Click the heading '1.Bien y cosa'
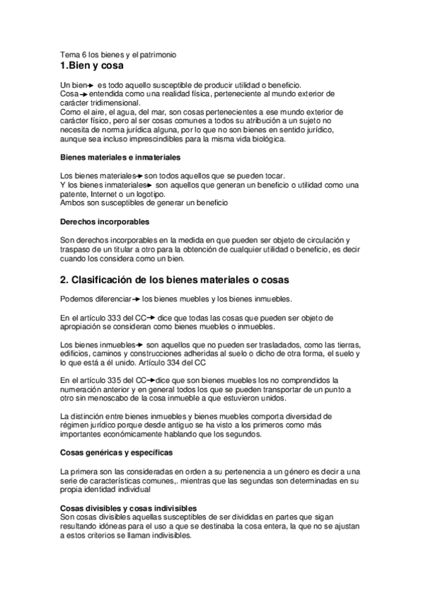pyautogui.click(x=92, y=67)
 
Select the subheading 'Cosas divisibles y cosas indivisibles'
pyautogui.click(x=128, y=507)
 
